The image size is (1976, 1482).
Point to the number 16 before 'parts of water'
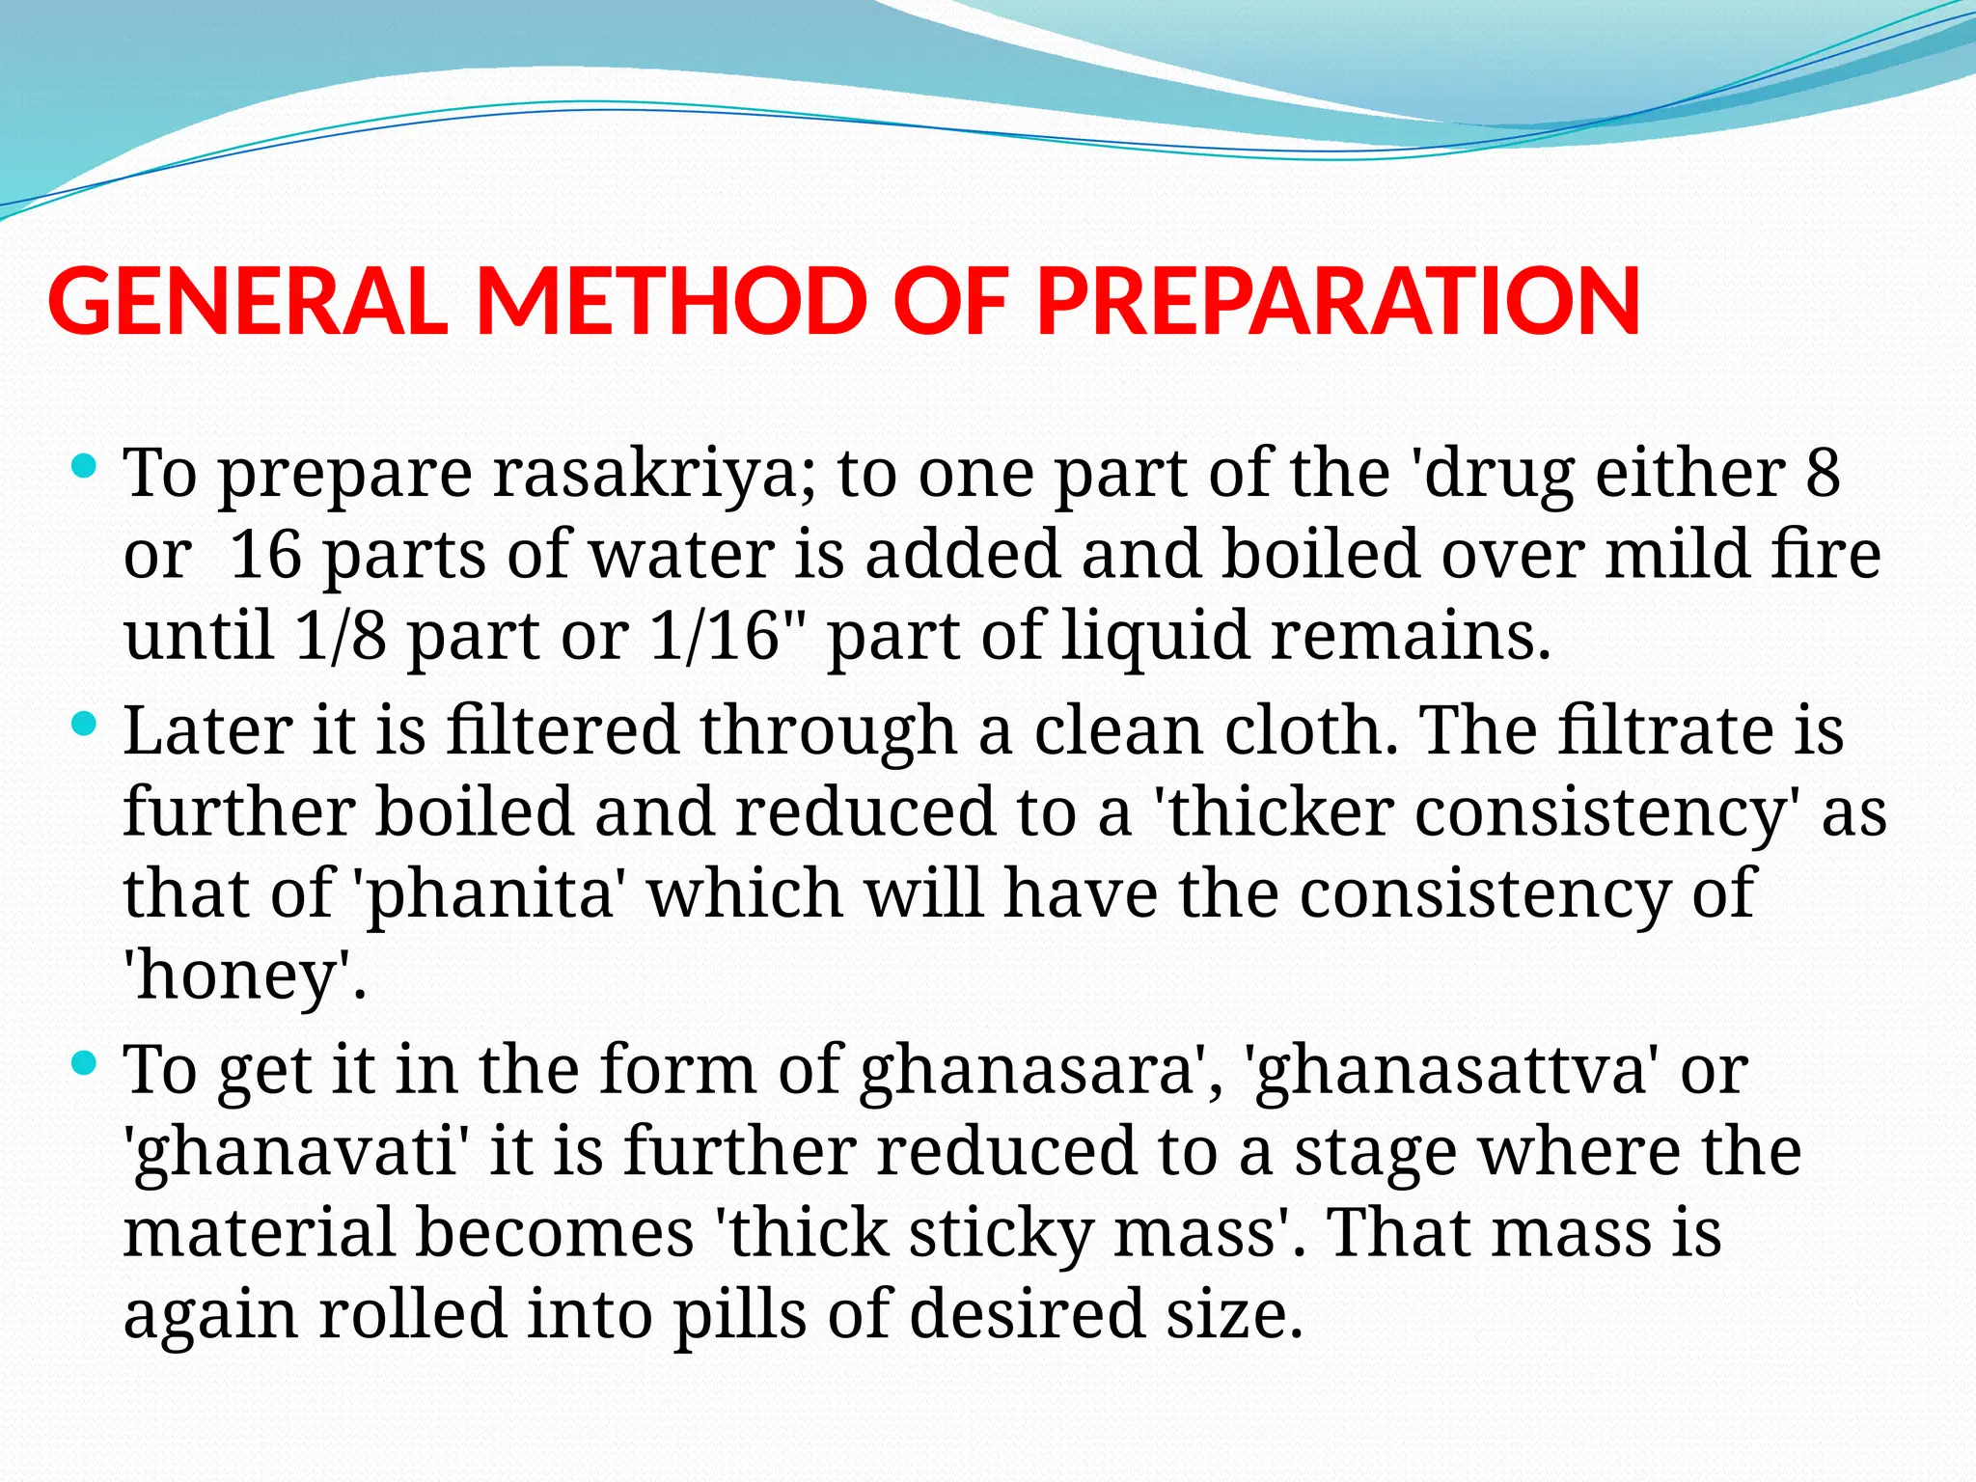[x=266, y=556]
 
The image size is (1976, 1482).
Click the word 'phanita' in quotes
[x=486, y=893]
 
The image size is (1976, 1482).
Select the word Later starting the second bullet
[x=207, y=730]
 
